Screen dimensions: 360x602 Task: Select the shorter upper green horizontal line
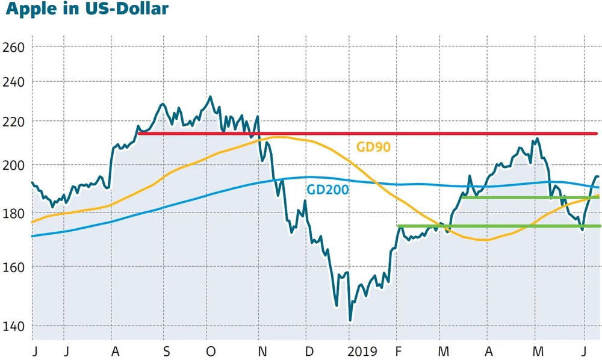point(530,197)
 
